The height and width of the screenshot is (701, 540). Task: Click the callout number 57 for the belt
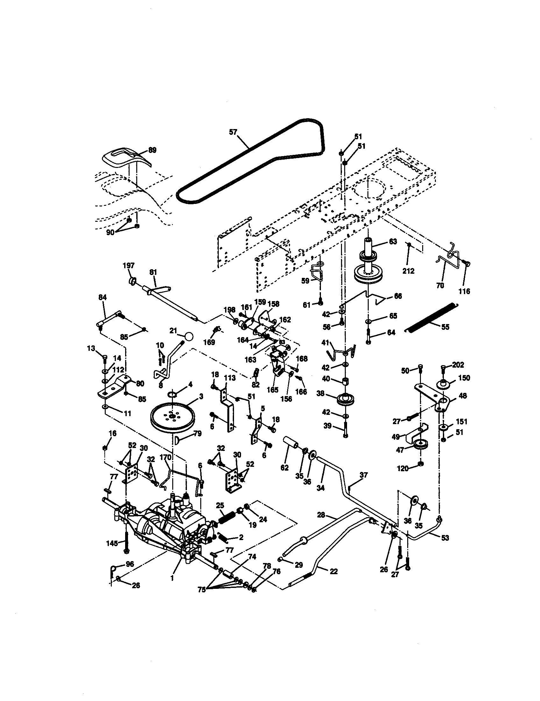[x=233, y=132]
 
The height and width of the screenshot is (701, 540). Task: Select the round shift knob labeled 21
[x=189, y=337]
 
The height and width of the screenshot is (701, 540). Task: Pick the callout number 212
[x=408, y=271]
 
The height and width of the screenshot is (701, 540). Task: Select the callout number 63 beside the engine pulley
[x=393, y=242]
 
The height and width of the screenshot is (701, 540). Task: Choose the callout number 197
[x=129, y=265]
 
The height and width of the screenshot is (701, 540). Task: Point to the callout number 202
[x=458, y=365]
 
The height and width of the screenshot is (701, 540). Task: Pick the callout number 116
[x=464, y=291]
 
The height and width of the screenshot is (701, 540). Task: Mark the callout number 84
[x=102, y=297]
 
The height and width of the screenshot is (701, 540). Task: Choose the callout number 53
[x=445, y=538]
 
